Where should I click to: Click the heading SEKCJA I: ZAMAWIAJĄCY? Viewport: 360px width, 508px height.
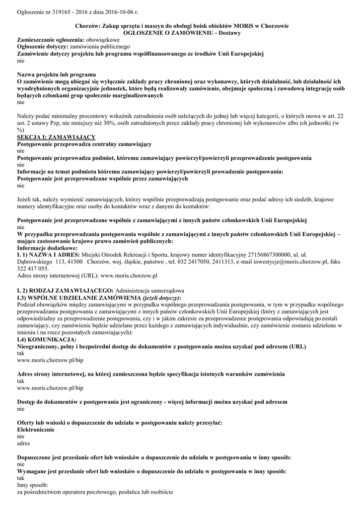pos(56,136)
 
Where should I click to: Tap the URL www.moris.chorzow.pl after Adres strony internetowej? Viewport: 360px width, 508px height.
pos(129,275)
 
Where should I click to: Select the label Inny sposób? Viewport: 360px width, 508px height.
pos(32,485)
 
